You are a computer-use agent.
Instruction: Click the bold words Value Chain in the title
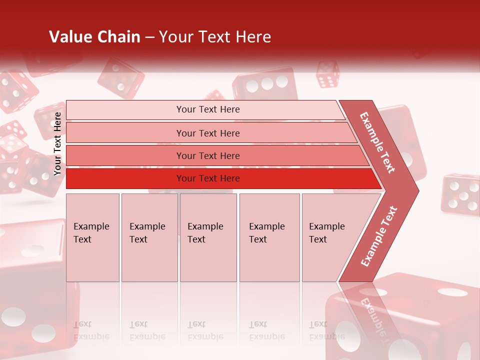tap(94, 37)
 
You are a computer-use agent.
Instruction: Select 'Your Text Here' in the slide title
tap(215, 37)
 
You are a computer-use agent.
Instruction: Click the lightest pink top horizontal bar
tap(207, 109)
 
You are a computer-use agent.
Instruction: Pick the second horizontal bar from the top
tap(207, 133)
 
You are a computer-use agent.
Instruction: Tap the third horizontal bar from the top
tap(207, 155)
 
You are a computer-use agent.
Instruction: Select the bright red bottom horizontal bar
tap(207, 178)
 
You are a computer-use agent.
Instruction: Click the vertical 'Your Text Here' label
tap(58, 143)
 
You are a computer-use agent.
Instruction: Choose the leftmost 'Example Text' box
tap(92, 237)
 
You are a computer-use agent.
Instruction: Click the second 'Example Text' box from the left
tap(149, 237)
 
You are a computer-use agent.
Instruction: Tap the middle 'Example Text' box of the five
tap(208, 237)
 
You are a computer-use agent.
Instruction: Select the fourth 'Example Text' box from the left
tap(269, 237)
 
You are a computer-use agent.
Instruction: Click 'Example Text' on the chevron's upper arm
tap(377, 142)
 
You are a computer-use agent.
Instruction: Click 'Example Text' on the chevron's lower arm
tap(379, 236)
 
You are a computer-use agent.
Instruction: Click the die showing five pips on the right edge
tap(460, 194)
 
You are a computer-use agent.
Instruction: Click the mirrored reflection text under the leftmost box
tap(91, 330)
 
